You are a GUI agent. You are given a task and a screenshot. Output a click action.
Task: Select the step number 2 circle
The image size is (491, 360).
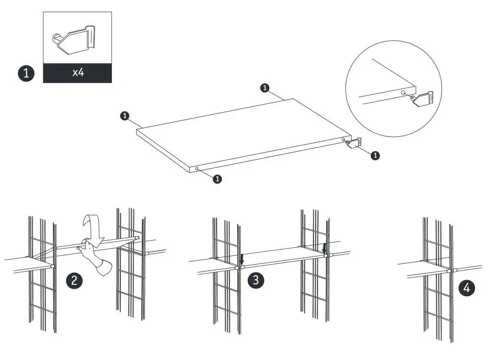tap(74, 280)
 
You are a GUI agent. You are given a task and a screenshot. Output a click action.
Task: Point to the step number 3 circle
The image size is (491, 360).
tap(256, 280)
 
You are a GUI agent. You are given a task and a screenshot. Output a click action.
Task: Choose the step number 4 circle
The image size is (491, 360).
tap(467, 288)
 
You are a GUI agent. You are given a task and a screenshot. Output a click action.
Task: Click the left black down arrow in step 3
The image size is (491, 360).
tap(242, 260)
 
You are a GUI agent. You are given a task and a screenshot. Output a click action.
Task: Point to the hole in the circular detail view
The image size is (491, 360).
tap(403, 93)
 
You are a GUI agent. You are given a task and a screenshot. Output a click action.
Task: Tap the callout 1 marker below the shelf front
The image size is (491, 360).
tap(218, 179)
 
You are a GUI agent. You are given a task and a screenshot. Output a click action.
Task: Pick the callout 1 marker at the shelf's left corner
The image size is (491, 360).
tap(124, 116)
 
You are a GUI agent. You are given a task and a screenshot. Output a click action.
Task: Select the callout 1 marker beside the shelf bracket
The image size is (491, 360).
tap(375, 155)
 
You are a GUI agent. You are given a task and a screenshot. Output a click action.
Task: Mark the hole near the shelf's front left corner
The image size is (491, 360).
tap(197, 169)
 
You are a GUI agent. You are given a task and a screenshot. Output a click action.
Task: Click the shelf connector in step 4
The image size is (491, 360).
tap(452, 270)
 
